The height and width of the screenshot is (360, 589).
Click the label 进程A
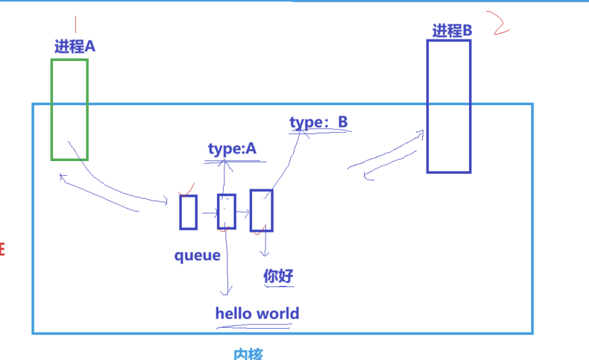pyautogui.click(x=75, y=46)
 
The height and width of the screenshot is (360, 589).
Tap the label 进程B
pyautogui.click(x=452, y=31)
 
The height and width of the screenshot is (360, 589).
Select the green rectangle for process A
pyautogui.click(x=69, y=110)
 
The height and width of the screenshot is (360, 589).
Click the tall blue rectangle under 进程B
pyautogui.click(x=449, y=106)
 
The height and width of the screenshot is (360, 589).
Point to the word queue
pyautogui.click(x=198, y=256)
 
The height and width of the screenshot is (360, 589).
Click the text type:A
pyautogui.click(x=232, y=149)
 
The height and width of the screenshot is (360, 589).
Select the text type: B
pyautogui.click(x=318, y=121)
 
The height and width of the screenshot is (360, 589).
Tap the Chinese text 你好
pyautogui.click(x=279, y=277)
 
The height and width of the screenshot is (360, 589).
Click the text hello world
pyautogui.click(x=257, y=313)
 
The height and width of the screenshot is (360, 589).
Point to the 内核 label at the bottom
pyautogui.click(x=248, y=354)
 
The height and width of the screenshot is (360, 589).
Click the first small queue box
pyautogui.click(x=189, y=212)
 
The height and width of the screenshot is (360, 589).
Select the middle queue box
pyautogui.click(x=227, y=211)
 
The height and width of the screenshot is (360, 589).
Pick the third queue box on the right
pyautogui.click(x=262, y=210)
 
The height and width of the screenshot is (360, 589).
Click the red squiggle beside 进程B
pyautogui.click(x=500, y=23)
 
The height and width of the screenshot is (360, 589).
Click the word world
pyautogui.click(x=277, y=313)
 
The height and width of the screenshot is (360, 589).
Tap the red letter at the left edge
pyautogui.click(x=2, y=248)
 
